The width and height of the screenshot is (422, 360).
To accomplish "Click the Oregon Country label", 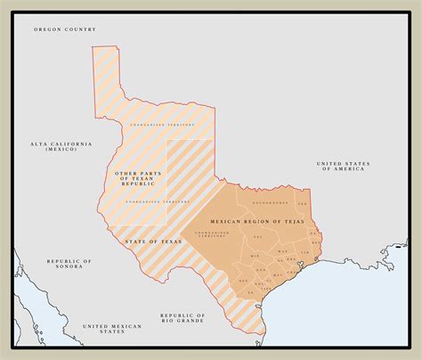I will pos(64,29).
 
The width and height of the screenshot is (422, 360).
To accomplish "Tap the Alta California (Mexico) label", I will pos(61,146).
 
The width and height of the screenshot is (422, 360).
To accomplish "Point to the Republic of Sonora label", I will pos(69,264).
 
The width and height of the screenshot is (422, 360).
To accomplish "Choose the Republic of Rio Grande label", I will pos(184,318).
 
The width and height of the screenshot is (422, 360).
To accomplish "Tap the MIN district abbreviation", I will pos(255,256).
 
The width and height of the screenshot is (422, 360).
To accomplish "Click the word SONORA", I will pos(69,267).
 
